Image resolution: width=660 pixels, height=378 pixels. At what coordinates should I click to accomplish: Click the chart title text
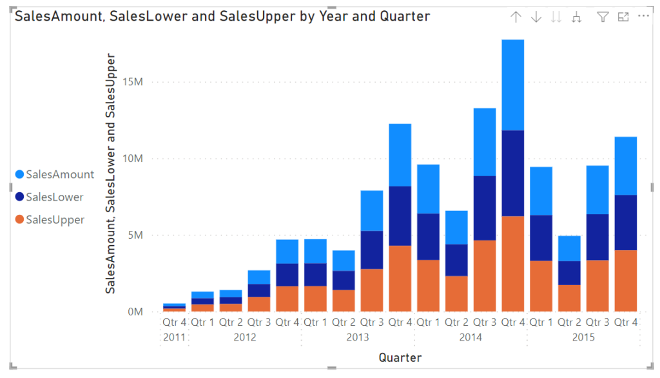pos(222,16)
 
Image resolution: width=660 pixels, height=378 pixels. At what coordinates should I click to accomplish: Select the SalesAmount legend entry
pos(60,174)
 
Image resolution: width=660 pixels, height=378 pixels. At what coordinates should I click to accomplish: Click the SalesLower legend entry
pos(55,197)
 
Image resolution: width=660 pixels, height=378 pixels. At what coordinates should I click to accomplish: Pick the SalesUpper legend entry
pos(55,219)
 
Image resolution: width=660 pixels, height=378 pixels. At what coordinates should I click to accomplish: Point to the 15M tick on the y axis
pos(130,82)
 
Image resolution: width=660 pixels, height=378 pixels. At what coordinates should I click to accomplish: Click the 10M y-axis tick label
pos(130,159)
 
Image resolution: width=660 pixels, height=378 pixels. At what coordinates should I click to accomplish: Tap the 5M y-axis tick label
pos(133,235)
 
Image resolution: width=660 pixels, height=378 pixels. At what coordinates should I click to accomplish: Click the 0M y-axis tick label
pos(133,312)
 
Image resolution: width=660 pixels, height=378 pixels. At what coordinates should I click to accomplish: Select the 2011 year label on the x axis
pos(174,337)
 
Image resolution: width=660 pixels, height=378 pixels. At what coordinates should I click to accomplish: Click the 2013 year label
pos(358,337)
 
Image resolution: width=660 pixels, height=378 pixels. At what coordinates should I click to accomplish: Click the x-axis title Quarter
pos(400,357)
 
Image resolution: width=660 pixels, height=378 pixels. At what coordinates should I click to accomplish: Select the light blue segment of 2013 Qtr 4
pos(400,155)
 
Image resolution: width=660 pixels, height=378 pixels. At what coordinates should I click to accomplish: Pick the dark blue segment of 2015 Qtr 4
pos(625,223)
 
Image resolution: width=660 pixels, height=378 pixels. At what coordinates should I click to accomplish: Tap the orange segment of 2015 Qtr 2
pos(569,298)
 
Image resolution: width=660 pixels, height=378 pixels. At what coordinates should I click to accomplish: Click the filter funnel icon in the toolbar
pos(603,17)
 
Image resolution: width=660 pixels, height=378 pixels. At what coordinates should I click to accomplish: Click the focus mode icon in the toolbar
pos(623,17)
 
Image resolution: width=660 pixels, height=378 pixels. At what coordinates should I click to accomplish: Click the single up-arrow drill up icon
pos(516,17)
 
